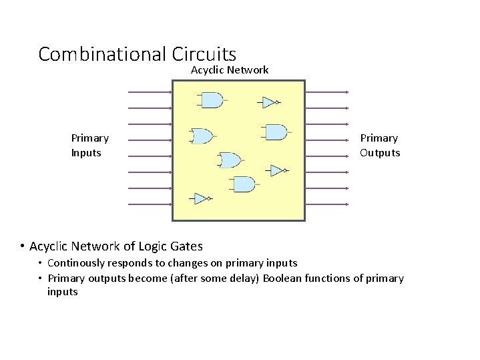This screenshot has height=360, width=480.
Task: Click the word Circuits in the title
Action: point(204,53)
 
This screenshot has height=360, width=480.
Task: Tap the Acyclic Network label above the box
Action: point(230,69)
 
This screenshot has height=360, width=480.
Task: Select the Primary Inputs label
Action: point(89,146)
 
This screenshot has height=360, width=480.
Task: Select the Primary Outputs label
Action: point(380,146)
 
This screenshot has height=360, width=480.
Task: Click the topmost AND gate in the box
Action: point(212,100)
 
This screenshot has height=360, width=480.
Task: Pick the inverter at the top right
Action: point(269,102)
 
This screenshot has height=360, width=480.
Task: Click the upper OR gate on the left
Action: point(202,136)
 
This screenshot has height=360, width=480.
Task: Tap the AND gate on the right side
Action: point(276,132)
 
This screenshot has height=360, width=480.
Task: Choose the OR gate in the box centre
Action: point(230,160)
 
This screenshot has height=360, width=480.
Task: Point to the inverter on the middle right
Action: point(277,170)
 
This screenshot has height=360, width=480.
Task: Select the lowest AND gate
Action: point(244,184)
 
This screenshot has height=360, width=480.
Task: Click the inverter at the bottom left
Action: point(201,198)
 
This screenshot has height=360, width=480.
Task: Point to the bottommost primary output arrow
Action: point(327,204)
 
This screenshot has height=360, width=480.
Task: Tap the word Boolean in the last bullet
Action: point(282,279)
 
